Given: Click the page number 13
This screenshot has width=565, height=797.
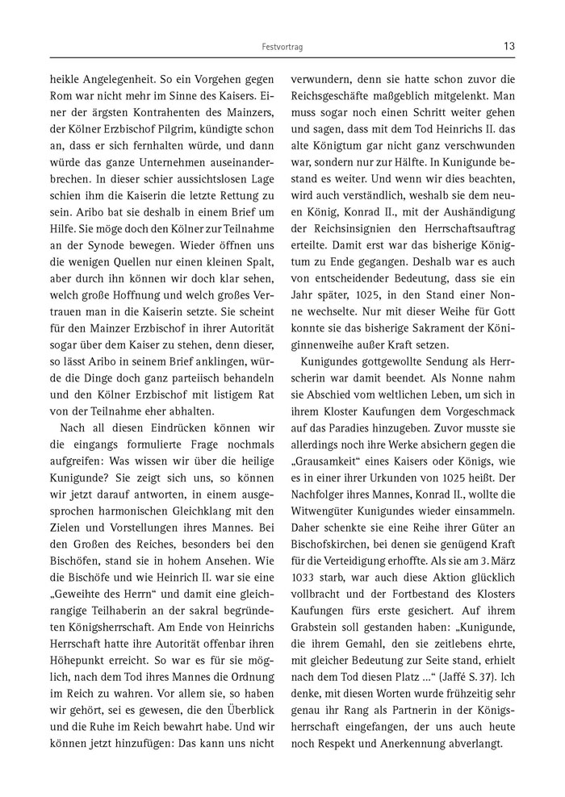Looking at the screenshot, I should pos(508,46).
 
